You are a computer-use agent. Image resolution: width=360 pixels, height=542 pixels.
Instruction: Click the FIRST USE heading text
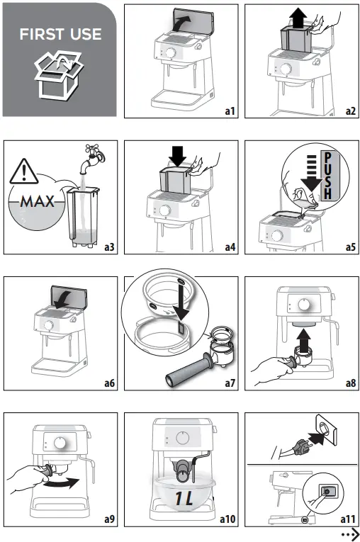click(60, 34)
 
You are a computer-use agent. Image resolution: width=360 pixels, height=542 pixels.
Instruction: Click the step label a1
click(229, 111)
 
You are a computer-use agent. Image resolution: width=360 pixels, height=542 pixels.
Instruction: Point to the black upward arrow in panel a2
click(298, 16)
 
